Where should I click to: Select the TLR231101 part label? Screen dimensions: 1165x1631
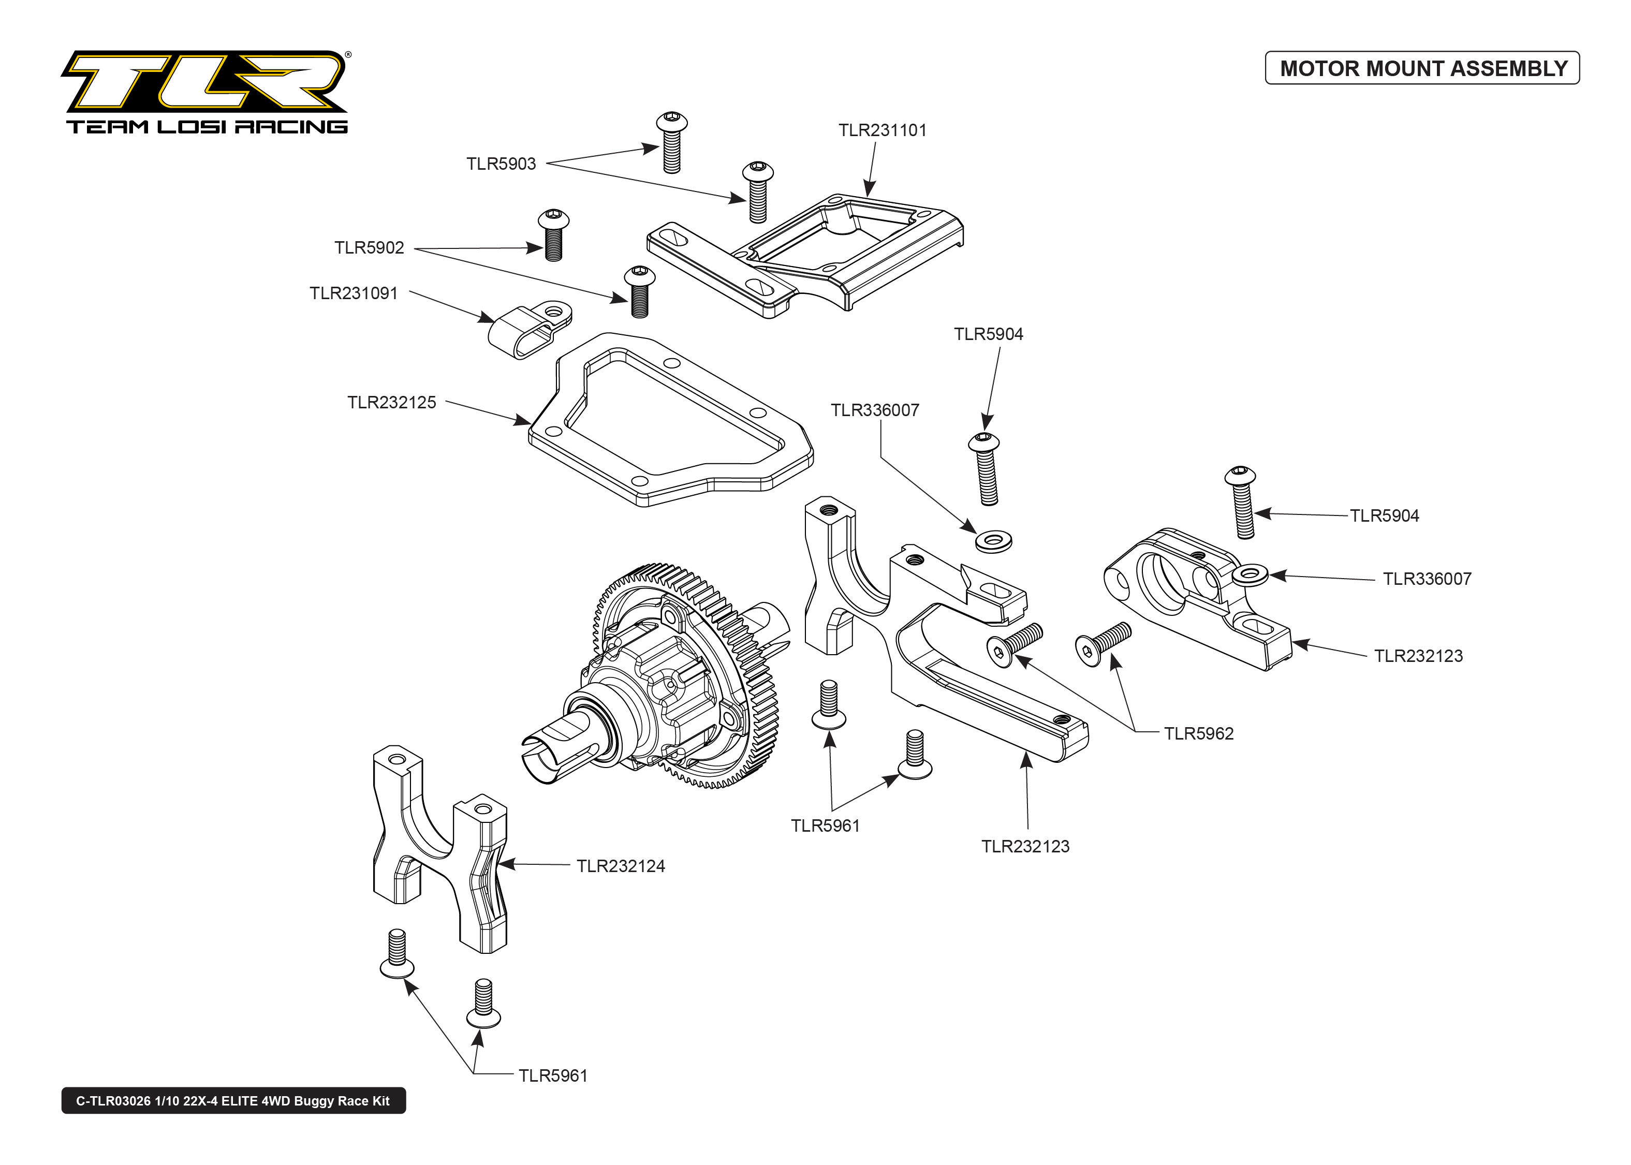point(882,130)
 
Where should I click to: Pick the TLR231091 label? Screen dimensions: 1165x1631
point(353,293)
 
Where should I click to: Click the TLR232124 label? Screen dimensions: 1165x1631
point(621,866)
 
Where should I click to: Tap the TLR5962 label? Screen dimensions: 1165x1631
point(1198,734)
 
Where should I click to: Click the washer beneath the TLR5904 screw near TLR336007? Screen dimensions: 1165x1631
point(993,540)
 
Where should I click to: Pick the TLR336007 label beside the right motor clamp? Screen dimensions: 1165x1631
point(1427,580)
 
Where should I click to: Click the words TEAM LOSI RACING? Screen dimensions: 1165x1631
point(207,127)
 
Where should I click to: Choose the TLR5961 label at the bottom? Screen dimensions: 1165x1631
point(552,1076)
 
